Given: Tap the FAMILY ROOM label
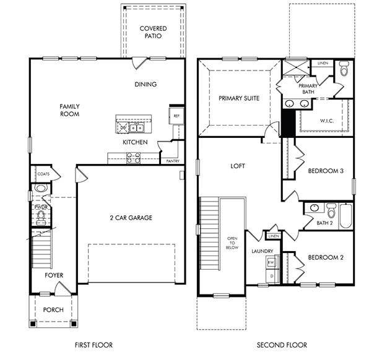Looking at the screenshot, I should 69,110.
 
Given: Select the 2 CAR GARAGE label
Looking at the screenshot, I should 131,217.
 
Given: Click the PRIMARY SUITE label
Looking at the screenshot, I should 238,98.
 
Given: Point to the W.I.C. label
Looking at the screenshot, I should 327,121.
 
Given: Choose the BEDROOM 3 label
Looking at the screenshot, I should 326,171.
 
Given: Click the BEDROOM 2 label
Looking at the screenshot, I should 326,257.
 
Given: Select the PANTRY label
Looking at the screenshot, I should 173,161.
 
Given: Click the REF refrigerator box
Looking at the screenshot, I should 176,116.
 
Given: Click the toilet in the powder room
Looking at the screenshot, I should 41,216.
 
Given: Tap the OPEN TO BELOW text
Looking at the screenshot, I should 232,244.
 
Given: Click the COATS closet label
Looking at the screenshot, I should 43,174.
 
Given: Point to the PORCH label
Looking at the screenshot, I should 53,309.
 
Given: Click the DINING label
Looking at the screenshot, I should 145,84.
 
